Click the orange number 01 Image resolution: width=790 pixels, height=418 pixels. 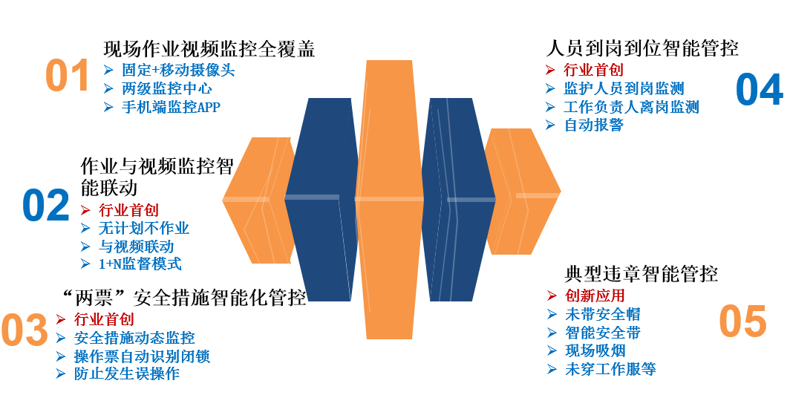[68, 76]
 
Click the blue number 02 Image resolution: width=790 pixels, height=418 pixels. [45, 206]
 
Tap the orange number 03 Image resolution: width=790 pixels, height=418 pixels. [25, 331]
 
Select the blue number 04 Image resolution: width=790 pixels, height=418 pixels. [759, 90]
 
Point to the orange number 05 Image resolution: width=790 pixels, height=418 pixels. [742, 321]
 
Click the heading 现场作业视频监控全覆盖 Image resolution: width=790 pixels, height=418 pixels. [209, 49]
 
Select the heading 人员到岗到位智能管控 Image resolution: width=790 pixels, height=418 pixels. [642, 49]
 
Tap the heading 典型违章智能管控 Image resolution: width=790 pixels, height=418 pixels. [636, 274]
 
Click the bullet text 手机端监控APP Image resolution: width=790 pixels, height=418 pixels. [171, 107]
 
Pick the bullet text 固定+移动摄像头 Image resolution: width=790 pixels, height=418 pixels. [178, 71]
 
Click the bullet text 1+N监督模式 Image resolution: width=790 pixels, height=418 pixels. [140, 264]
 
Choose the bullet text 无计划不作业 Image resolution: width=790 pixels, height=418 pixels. [144, 228]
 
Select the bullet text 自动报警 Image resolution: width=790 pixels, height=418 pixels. [593, 125]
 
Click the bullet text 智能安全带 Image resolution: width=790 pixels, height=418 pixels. [602, 333]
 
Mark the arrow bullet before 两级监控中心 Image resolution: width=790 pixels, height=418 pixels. [108, 89]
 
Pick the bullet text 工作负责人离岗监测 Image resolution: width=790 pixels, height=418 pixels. [631, 107]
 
